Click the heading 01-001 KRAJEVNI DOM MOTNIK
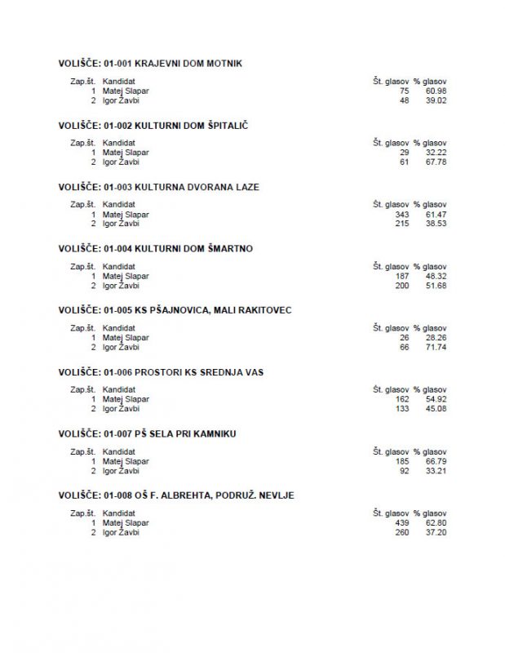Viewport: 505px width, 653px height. point(150,64)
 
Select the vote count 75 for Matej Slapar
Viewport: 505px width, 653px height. point(404,91)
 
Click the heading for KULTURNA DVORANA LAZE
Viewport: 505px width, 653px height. point(158,187)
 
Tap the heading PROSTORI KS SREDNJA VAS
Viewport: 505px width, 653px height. point(161,372)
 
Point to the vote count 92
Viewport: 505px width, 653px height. point(404,470)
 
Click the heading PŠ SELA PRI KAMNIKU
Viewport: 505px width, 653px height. point(147,433)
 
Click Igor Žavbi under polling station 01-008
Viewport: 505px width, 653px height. point(121,532)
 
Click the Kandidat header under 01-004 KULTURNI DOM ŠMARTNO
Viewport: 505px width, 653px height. point(119,266)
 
